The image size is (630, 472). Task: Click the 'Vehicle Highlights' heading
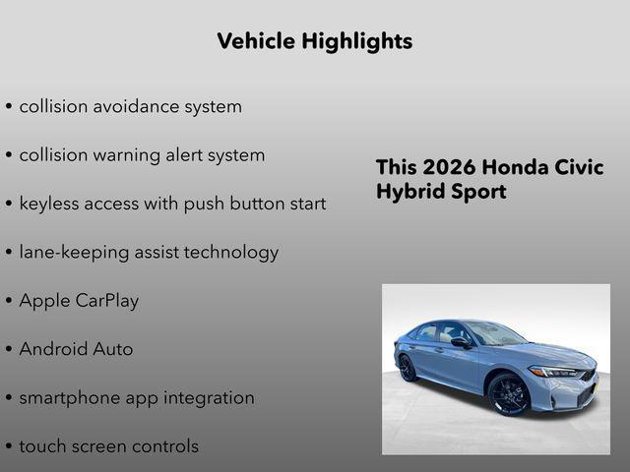(314, 41)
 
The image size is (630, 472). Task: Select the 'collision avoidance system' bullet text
(130, 106)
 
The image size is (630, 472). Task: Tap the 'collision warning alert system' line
(142, 155)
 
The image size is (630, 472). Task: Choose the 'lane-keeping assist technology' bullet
(149, 252)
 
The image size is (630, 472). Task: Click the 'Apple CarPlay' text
(79, 301)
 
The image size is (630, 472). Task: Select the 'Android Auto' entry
(76, 349)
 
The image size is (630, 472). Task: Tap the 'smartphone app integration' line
(137, 398)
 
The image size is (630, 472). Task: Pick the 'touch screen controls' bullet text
(108, 446)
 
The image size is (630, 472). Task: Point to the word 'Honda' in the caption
(518, 167)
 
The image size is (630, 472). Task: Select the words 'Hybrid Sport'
(440, 192)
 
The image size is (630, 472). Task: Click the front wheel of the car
(509, 394)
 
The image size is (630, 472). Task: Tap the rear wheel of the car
(408, 368)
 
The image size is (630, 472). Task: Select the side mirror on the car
(461, 343)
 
